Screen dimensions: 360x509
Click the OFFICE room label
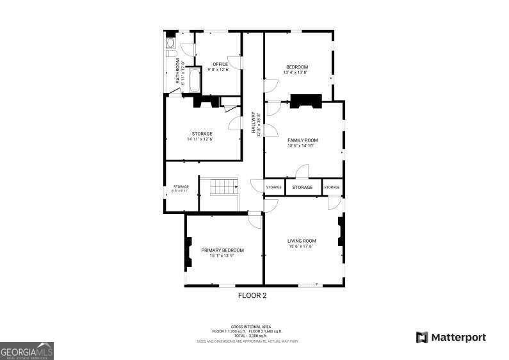click(x=220, y=64)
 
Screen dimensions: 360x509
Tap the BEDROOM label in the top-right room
click(x=296, y=67)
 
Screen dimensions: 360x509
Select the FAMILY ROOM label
click(x=302, y=140)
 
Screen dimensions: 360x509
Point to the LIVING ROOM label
click(x=302, y=241)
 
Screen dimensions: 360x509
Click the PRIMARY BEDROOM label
click(x=222, y=250)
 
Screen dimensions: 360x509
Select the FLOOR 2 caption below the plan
click(x=252, y=296)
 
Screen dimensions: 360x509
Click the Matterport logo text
click(x=457, y=337)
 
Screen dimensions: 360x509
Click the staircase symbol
click(x=224, y=188)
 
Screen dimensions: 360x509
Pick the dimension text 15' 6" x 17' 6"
click(x=302, y=247)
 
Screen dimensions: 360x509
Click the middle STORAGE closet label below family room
click(x=302, y=187)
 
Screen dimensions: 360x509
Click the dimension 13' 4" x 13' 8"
click(x=296, y=72)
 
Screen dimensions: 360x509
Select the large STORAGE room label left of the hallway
click(x=202, y=133)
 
